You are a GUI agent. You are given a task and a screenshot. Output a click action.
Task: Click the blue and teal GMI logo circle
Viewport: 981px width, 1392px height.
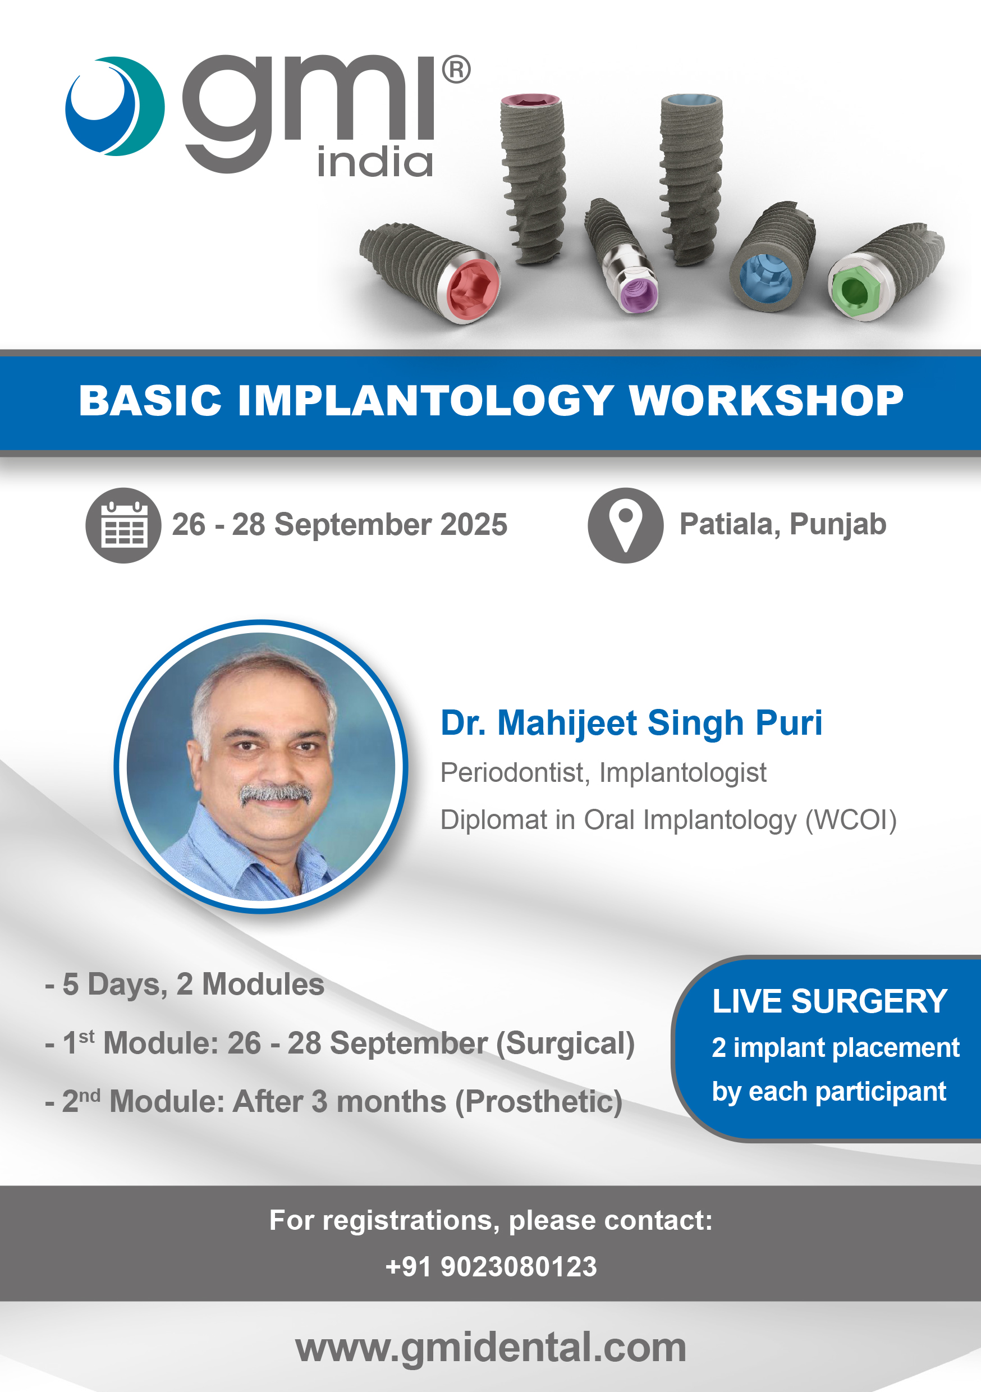coord(114,106)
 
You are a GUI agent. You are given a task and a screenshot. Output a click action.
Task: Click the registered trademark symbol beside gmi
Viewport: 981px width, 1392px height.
coord(456,70)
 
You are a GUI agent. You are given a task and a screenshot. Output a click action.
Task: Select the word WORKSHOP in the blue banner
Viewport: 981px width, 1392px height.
coord(767,401)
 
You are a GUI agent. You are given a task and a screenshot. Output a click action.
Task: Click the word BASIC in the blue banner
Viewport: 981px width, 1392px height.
coord(150,401)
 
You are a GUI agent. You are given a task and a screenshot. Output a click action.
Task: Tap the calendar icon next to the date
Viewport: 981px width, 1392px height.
coord(123,525)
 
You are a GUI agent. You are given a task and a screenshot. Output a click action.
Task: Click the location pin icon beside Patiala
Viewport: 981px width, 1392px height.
coord(625,525)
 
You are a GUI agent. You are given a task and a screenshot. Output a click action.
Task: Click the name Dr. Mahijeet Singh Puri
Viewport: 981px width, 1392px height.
coord(631,723)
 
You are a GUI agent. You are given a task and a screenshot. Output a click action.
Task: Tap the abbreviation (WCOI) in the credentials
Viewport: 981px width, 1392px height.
coord(851,819)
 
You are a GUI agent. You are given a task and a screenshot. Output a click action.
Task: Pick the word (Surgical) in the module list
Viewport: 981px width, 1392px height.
coord(565,1043)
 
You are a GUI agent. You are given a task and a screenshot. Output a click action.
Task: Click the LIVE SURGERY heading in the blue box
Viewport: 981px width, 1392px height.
coord(829,1001)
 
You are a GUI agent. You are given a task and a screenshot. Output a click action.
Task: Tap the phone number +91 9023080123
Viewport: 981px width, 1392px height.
coord(491,1267)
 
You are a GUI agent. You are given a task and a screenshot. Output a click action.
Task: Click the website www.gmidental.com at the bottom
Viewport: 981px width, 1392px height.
coord(490,1347)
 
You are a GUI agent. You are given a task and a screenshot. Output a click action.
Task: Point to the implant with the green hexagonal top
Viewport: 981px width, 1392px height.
coord(886,272)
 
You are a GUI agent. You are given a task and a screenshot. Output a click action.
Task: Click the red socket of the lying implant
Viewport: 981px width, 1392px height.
coord(473,289)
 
